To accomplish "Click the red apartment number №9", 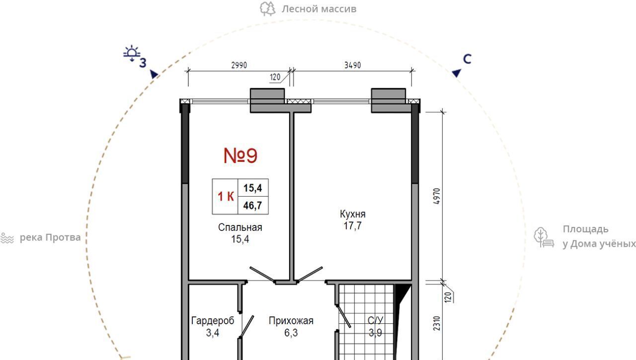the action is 240,155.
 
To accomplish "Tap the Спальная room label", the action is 240,227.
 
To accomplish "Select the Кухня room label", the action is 353,214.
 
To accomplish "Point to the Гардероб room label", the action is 213,321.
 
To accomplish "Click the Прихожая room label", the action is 291,321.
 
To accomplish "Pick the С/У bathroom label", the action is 375,321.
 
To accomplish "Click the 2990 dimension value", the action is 239,65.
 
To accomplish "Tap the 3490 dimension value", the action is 353,65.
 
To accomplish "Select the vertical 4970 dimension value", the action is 437,196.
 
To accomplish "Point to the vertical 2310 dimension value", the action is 437,323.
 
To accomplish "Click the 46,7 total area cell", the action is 253,206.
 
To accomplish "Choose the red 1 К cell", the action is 226,196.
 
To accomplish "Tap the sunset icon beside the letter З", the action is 132,53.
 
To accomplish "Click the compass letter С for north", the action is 467,59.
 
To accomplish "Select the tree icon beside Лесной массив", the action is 267,9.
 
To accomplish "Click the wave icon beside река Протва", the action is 7,238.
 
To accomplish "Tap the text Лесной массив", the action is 319,9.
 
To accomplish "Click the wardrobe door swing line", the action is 247,327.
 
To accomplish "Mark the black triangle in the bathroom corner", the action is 400,291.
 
